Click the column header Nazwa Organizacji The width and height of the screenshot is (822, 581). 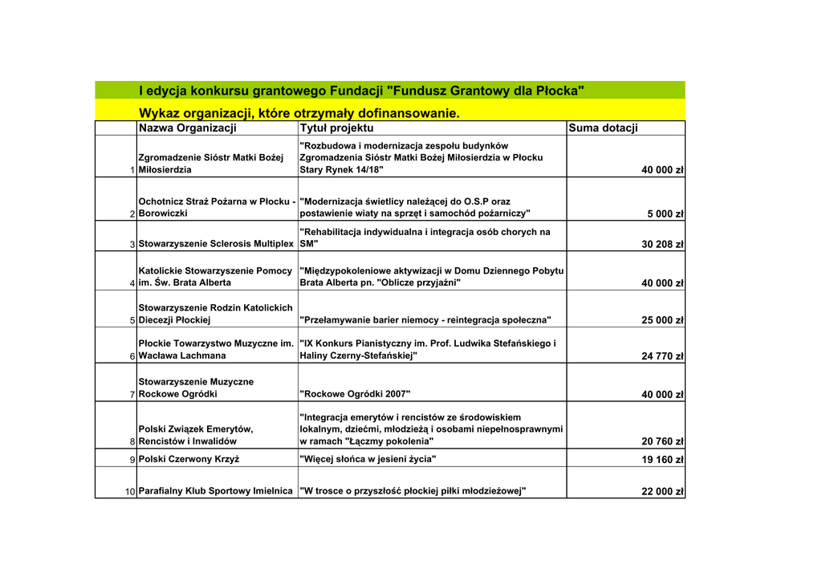(x=187, y=128)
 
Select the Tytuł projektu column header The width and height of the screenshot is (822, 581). (x=336, y=128)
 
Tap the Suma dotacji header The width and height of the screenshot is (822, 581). (x=603, y=128)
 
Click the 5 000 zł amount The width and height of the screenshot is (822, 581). (x=665, y=214)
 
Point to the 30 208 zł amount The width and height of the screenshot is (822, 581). (x=662, y=245)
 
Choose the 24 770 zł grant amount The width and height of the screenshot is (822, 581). (x=662, y=356)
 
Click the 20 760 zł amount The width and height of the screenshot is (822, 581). (x=662, y=441)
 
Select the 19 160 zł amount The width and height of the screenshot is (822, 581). (x=662, y=460)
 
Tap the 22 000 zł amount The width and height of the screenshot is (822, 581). (x=662, y=492)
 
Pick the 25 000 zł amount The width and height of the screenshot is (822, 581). (x=662, y=320)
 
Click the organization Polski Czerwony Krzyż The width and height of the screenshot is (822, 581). (x=189, y=460)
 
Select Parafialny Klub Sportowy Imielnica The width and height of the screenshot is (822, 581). (x=215, y=491)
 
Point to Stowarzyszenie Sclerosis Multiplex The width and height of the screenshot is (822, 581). (x=216, y=244)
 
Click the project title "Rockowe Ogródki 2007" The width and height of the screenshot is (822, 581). (x=355, y=394)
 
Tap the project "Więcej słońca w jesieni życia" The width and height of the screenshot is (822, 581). (x=368, y=459)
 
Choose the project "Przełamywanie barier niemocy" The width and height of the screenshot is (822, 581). (x=425, y=320)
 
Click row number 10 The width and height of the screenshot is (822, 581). (x=130, y=492)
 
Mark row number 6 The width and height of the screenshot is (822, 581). (x=132, y=356)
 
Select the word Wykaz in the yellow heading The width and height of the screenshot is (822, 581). (x=161, y=113)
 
